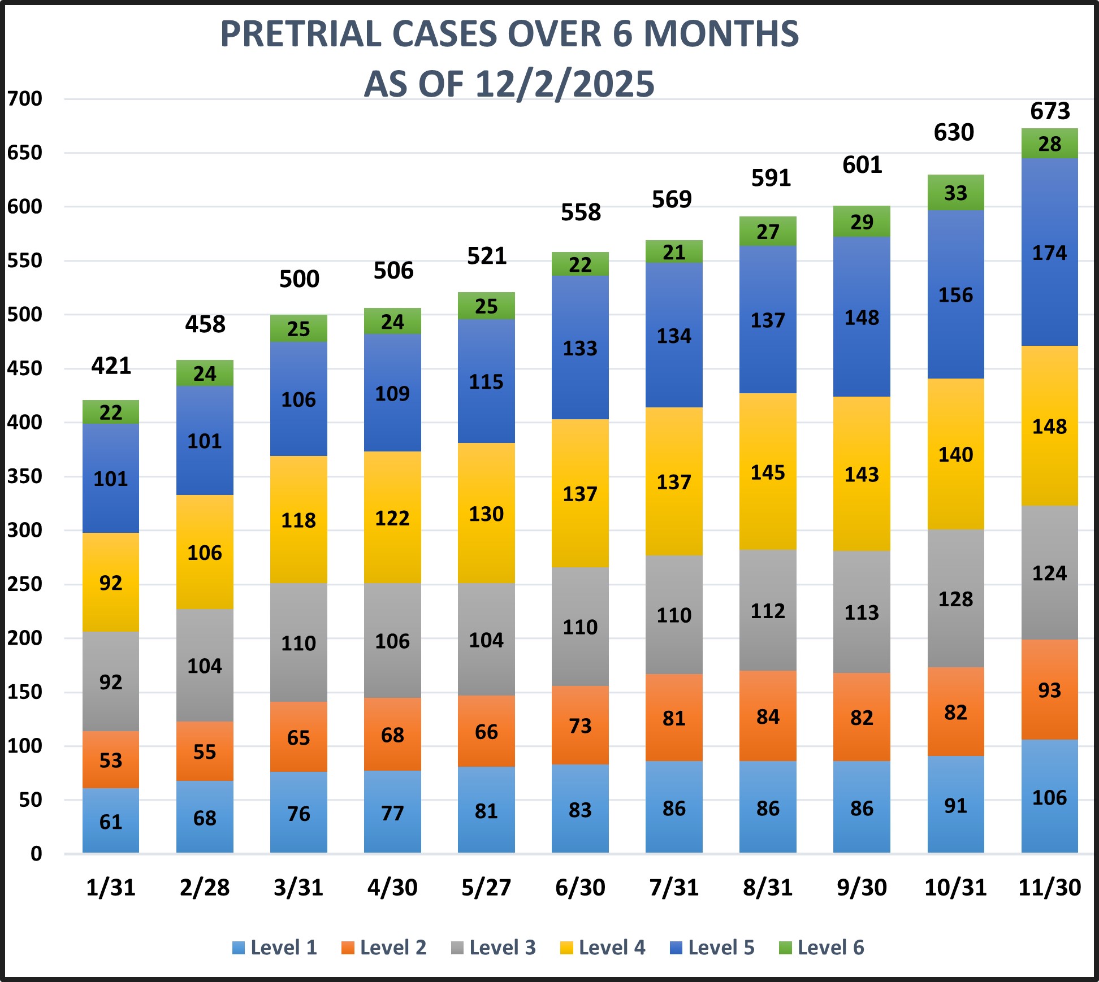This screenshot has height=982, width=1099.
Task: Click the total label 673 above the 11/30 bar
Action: point(1050,111)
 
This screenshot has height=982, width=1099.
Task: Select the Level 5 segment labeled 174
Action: point(1050,253)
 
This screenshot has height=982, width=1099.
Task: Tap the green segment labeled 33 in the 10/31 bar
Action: point(955,193)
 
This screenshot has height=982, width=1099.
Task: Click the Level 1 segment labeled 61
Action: point(111,821)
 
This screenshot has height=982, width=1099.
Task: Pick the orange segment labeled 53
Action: point(111,760)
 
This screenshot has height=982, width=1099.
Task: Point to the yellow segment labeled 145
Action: point(768,472)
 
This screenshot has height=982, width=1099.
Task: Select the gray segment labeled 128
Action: point(955,599)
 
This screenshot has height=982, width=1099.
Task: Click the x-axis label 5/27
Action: point(486,887)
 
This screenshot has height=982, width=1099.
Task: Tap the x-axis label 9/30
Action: point(862,887)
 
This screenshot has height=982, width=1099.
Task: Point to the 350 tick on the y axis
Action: point(25,476)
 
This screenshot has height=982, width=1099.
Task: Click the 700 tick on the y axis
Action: point(25,99)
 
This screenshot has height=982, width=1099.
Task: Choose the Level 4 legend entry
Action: point(603,948)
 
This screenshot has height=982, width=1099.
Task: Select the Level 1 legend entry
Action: point(275,948)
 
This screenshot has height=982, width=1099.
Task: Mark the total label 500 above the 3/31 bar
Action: point(299,279)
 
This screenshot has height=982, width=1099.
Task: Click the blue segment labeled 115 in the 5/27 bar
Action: point(486,382)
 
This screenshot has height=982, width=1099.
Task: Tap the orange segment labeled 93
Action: point(1050,690)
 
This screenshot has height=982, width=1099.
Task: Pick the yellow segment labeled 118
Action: point(298,520)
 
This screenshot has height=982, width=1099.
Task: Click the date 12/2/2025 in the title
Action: point(565,84)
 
